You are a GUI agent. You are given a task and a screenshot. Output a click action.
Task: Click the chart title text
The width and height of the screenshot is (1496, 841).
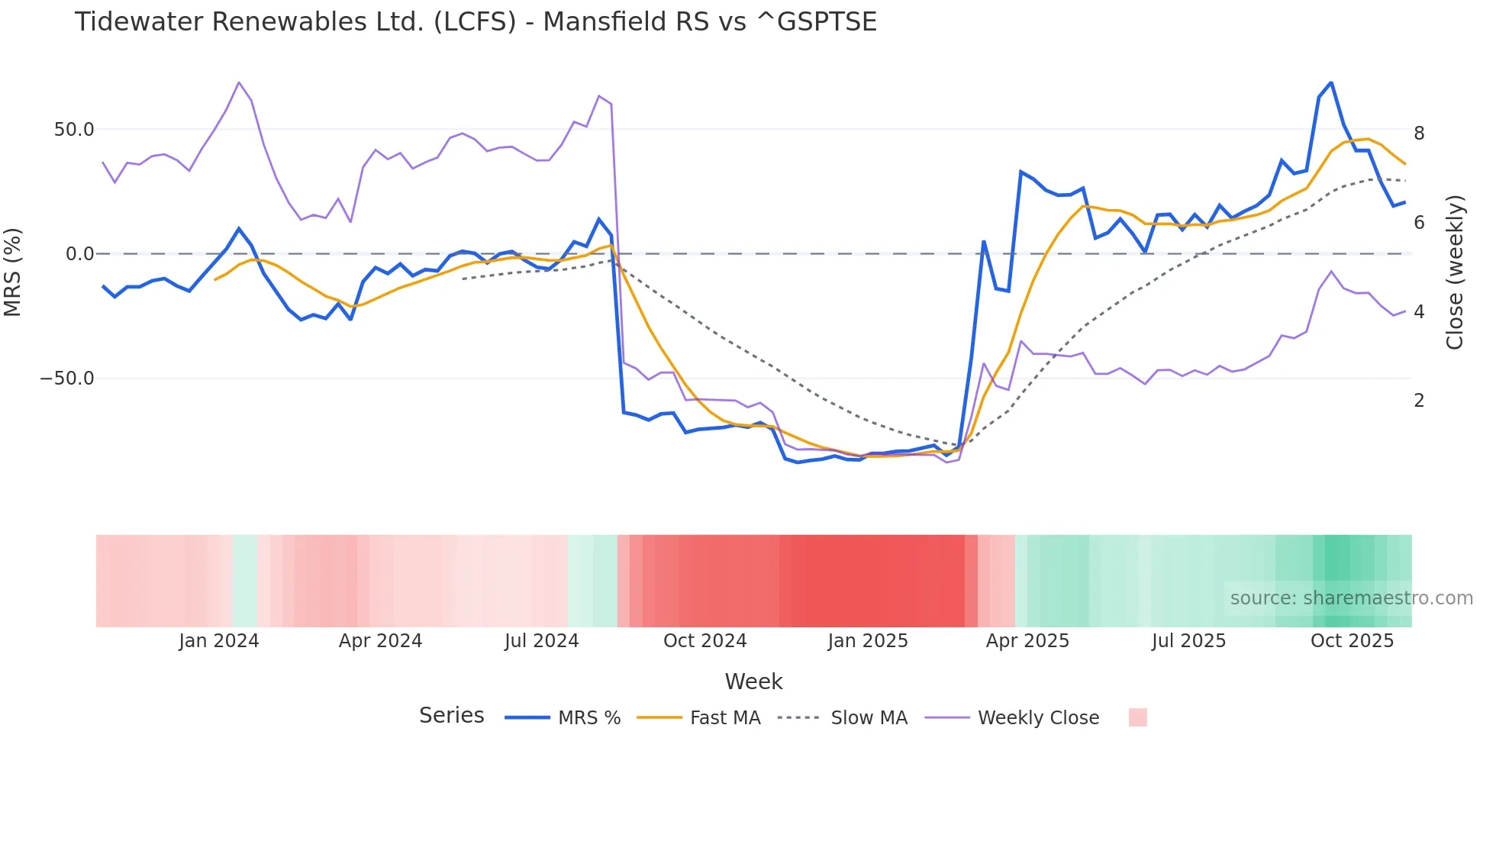click(x=476, y=22)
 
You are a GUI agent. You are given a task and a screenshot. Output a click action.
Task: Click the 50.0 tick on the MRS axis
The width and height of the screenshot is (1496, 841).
click(x=74, y=130)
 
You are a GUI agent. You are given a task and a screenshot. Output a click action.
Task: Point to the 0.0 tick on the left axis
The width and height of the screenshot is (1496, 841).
click(x=80, y=254)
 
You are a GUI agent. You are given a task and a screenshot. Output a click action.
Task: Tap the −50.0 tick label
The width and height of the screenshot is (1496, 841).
click(x=67, y=379)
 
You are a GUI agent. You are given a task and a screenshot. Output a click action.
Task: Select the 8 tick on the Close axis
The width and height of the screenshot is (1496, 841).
click(x=1419, y=134)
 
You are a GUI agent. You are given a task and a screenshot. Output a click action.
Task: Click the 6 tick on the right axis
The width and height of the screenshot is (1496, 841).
click(x=1419, y=223)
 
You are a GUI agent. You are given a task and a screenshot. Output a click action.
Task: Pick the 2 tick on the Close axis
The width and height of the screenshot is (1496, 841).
click(x=1419, y=401)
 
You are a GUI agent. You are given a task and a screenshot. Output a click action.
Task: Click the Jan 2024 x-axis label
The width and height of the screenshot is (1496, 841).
click(x=219, y=641)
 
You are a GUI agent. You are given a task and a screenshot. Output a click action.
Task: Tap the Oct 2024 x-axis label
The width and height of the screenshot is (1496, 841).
click(x=704, y=641)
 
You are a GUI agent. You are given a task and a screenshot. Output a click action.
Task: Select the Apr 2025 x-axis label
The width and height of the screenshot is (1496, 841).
click(x=1027, y=641)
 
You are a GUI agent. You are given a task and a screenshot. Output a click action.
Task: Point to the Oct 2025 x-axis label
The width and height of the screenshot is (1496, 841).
click(x=1352, y=641)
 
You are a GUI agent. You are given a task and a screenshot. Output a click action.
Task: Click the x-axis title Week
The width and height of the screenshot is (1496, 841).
click(x=753, y=681)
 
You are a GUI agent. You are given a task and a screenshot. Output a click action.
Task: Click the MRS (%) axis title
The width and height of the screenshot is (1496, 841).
click(x=12, y=272)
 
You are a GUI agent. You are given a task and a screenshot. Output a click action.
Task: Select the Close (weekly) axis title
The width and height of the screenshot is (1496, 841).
click(x=1455, y=272)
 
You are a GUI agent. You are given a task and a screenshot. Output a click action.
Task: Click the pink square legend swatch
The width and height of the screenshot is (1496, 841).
click(x=1137, y=717)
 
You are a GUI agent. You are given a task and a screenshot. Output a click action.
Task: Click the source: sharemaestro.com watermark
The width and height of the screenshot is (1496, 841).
click(x=1351, y=598)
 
